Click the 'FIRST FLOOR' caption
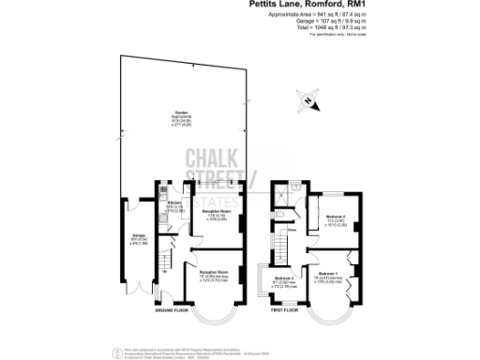point(284,309)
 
